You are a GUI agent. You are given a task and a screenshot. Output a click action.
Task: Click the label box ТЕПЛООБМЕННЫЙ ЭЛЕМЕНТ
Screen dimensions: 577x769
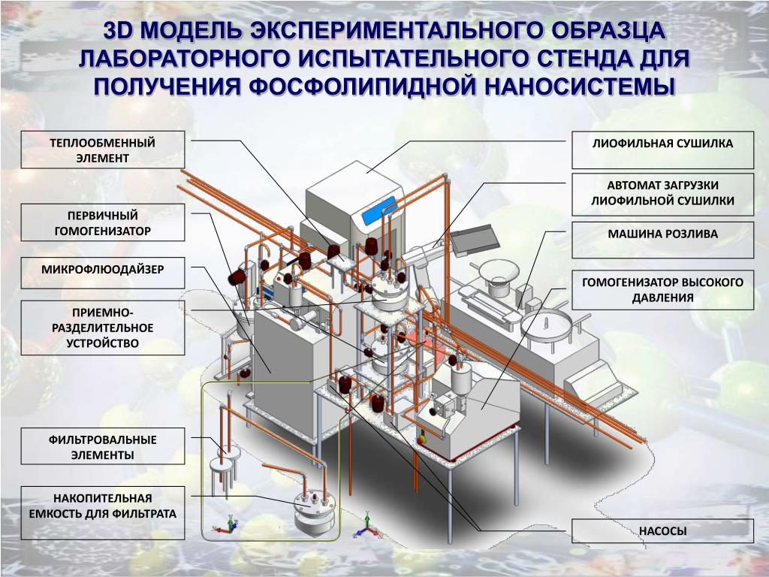[103, 150]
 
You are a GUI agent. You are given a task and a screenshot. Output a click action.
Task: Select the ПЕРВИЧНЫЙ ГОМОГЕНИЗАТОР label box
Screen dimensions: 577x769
[103, 222]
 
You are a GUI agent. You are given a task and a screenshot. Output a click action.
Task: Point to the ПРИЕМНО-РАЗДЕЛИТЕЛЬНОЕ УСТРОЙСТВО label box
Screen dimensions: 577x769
[103, 328]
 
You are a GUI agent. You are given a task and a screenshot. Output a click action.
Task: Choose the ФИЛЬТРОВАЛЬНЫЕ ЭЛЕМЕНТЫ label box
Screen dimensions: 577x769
[103, 447]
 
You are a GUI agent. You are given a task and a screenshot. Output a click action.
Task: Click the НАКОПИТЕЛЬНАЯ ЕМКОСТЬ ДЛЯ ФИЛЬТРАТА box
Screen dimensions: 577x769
[103, 512]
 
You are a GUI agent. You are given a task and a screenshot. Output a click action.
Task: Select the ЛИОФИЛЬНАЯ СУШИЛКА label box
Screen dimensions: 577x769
[662, 143]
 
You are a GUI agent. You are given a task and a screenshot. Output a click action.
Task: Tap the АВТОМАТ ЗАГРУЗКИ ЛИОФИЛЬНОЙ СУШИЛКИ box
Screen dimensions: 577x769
[662, 193]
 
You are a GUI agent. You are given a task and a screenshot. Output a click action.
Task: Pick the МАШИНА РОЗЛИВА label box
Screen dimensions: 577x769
[662, 234]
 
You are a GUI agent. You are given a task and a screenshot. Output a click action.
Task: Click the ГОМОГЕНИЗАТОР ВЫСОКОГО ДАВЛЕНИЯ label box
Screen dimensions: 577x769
[662, 289]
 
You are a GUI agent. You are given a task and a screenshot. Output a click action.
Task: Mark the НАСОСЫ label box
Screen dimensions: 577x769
[662, 531]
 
